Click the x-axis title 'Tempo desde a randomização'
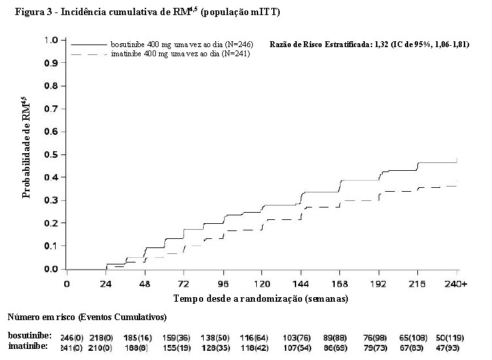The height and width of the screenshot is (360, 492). pos(261,298)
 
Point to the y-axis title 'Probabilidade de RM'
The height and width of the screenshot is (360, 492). pos(26,147)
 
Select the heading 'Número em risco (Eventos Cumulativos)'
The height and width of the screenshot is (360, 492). pos(87,317)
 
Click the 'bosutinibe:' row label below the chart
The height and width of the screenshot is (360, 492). pos(26,335)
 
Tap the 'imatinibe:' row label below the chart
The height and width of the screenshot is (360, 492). pos(26,346)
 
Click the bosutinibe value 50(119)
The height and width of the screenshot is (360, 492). pos(455,336)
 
